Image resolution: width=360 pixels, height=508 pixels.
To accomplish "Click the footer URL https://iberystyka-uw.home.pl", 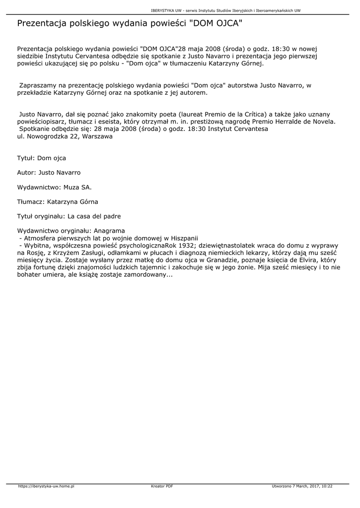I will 46,486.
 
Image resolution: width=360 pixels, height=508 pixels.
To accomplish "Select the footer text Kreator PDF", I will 162,486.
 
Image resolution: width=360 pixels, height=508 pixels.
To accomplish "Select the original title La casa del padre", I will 94,216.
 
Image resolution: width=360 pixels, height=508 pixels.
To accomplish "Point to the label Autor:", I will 26,173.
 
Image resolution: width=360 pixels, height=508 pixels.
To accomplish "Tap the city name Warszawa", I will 96,136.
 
